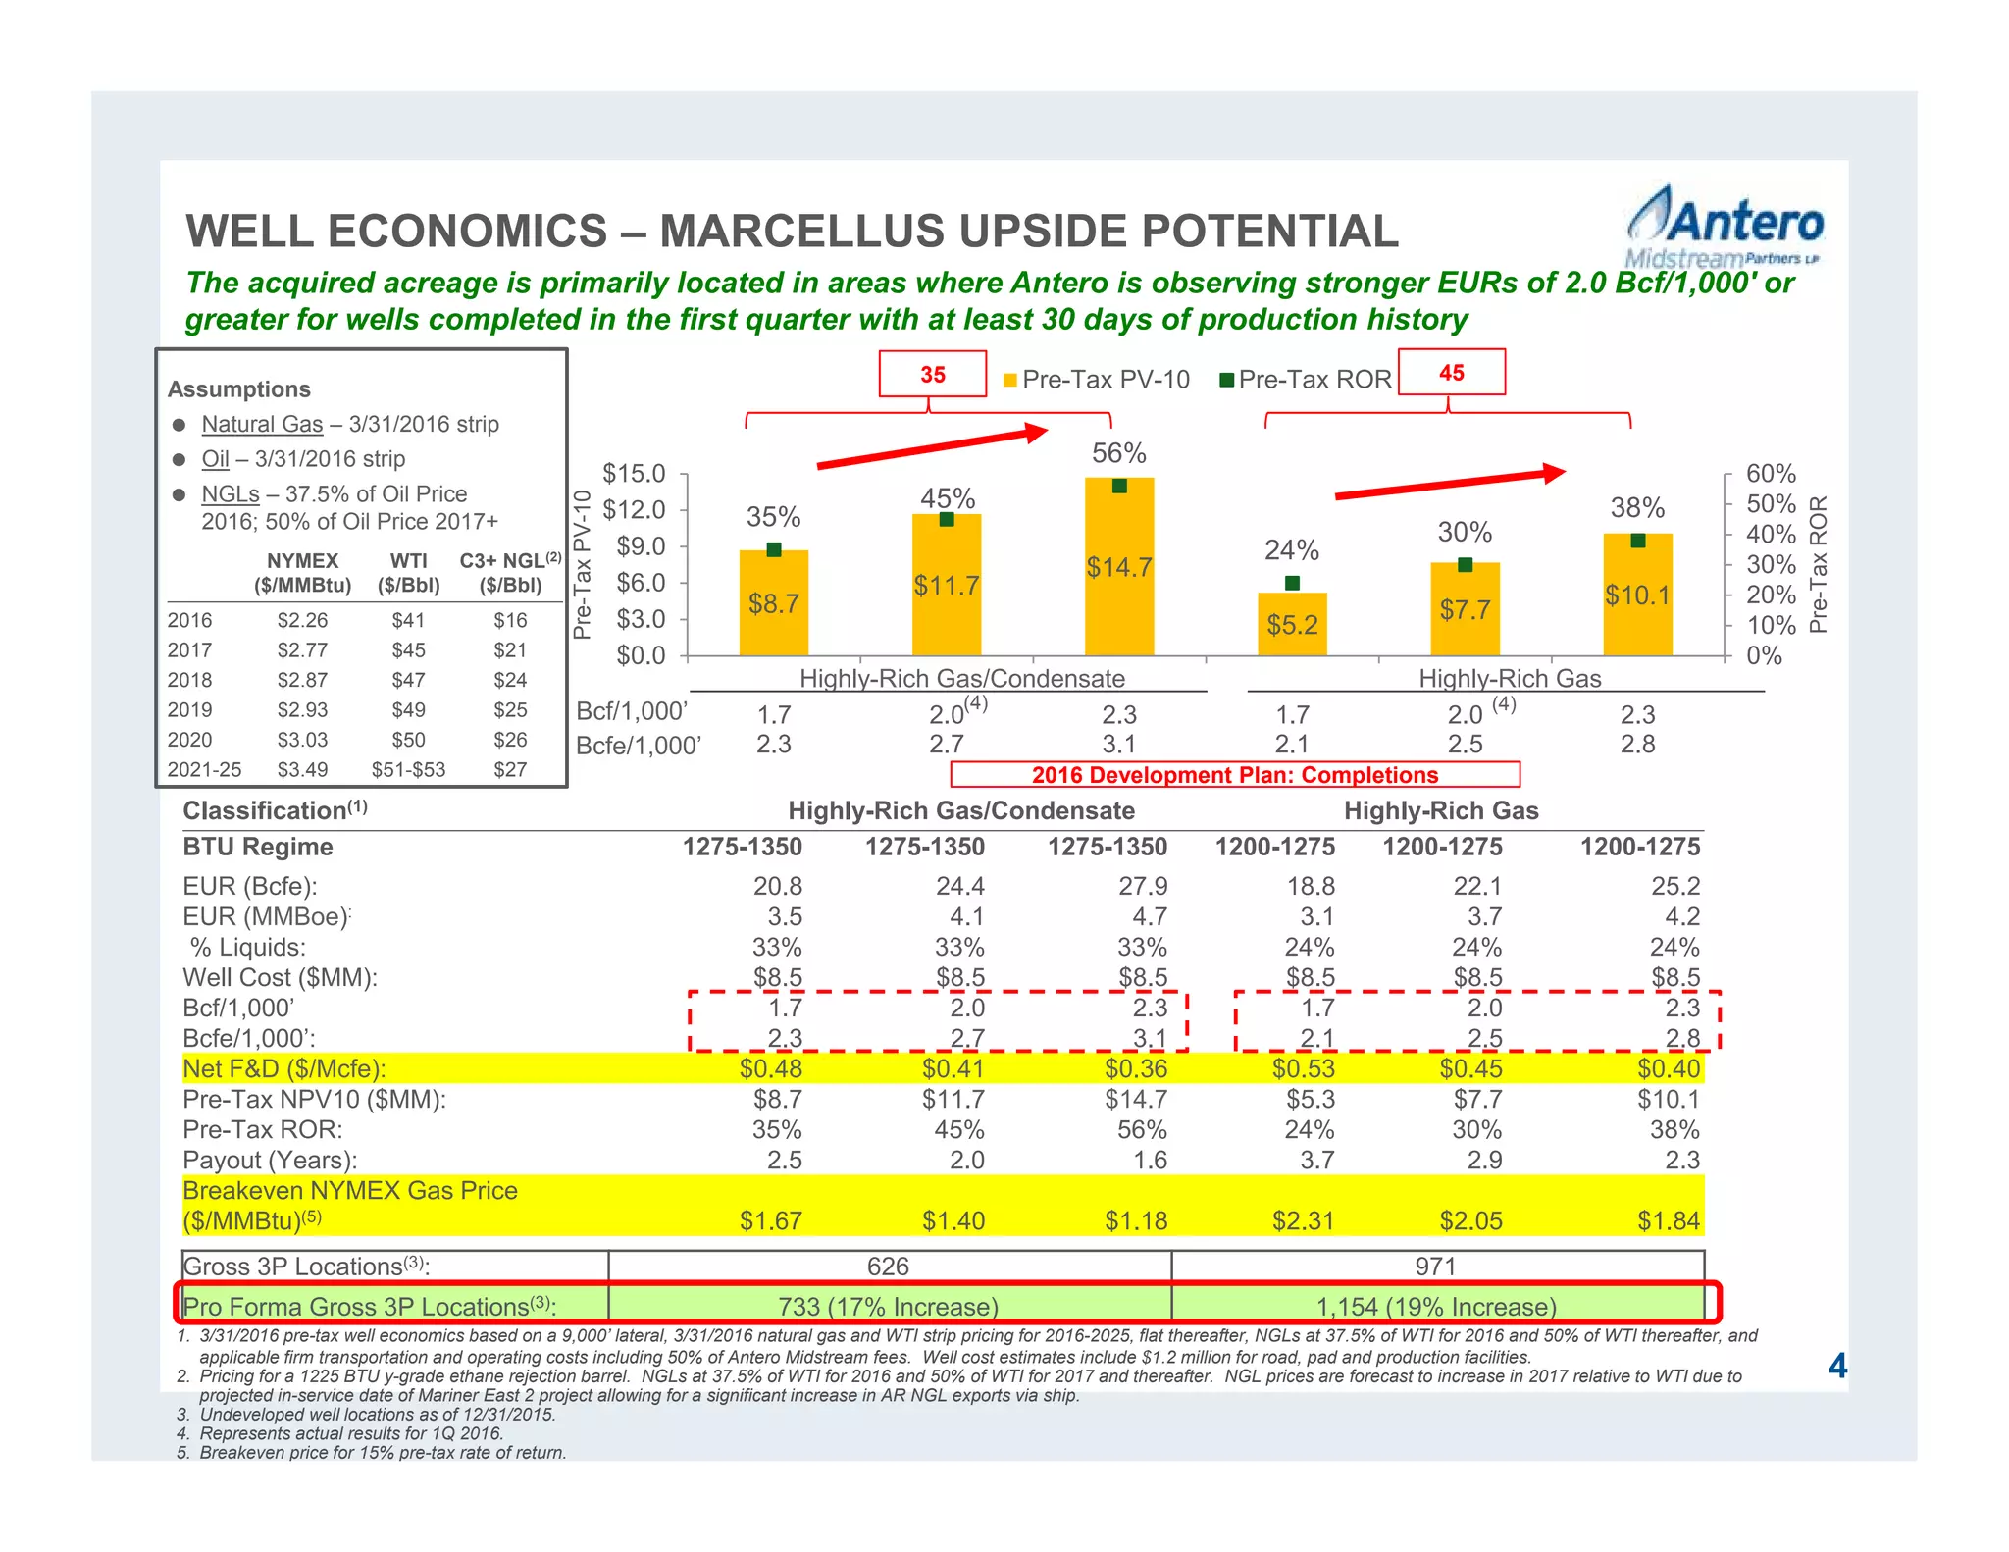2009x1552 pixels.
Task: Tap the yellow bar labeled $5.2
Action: [1292, 624]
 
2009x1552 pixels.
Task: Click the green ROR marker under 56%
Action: [1119, 487]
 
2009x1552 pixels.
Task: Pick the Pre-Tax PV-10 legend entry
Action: [1096, 380]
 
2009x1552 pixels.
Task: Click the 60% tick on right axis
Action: [1771, 474]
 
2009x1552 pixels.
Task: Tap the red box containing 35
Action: [932, 374]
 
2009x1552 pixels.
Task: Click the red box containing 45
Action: [1451, 373]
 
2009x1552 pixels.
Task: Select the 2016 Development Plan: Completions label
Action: [1234, 775]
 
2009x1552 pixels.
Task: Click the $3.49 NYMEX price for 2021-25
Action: [302, 770]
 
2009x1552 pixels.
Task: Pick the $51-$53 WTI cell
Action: [408, 770]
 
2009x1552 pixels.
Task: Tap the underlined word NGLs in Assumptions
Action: [231, 494]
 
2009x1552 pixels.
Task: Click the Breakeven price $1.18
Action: [1136, 1221]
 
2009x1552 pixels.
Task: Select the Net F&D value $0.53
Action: [1304, 1069]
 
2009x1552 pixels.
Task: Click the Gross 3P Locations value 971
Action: [1435, 1267]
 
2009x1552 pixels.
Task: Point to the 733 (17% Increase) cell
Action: [889, 1307]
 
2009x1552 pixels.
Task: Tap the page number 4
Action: [1837, 1367]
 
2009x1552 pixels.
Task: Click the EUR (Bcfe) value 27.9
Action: [1143, 887]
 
